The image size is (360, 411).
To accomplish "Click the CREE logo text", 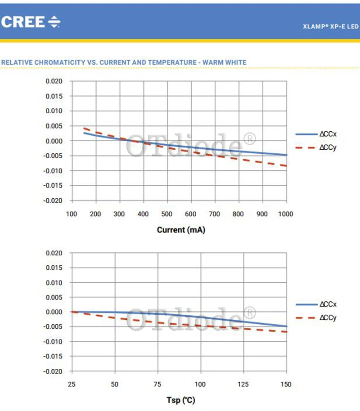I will (x=23, y=22).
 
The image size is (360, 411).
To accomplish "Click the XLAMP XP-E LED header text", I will (x=331, y=27).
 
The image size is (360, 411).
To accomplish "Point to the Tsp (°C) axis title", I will (x=181, y=400).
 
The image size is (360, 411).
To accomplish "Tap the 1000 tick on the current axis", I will (x=286, y=214).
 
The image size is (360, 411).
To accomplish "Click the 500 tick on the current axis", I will (x=166, y=214).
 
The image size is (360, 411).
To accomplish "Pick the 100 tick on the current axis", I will (x=72, y=214).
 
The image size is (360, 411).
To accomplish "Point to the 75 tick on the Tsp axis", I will (x=157, y=384).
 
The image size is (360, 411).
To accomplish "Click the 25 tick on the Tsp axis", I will (x=72, y=384).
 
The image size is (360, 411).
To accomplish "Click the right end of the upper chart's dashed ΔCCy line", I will (x=286, y=166).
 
